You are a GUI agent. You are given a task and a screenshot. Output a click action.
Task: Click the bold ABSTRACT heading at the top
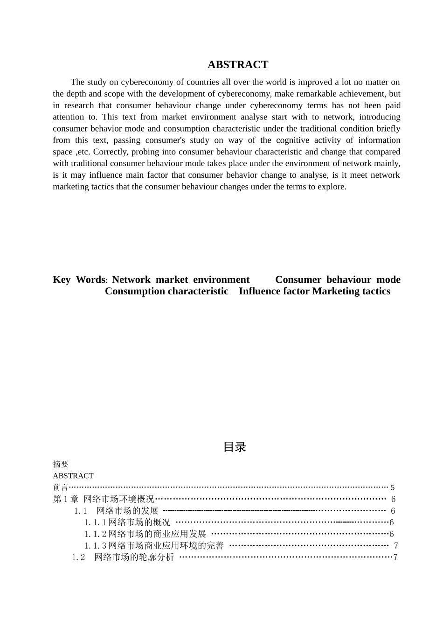(x=238, y=64)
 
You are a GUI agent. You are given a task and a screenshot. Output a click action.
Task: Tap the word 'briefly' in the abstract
(x=388, y=129)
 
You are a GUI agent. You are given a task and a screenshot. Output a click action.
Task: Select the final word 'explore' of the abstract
(x=332, y=187)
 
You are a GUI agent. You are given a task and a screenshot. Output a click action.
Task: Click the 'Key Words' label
(x=79, y=280)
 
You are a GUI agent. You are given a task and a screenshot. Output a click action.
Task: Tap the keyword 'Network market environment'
(x=180, y=280)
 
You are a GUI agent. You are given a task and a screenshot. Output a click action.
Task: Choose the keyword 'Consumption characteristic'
(x=166, y=292)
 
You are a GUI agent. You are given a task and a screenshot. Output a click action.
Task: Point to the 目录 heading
(x=235, y=447)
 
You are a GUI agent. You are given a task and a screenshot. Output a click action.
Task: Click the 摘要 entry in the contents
(x=61, y=464)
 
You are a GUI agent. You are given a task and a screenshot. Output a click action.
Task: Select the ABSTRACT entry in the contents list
(x=73, y=476)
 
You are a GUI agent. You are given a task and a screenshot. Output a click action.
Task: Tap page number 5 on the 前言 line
(x=393, y=488)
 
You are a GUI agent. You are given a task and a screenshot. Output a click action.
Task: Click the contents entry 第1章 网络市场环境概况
(x=104, y=499)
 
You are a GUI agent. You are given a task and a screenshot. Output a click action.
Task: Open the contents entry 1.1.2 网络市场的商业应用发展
(x=145, y=534)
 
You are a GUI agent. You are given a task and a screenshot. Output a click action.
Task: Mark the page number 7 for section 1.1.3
(x=396, y=546)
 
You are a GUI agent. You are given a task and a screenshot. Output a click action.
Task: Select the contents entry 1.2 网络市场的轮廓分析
(x=123, y=557)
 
